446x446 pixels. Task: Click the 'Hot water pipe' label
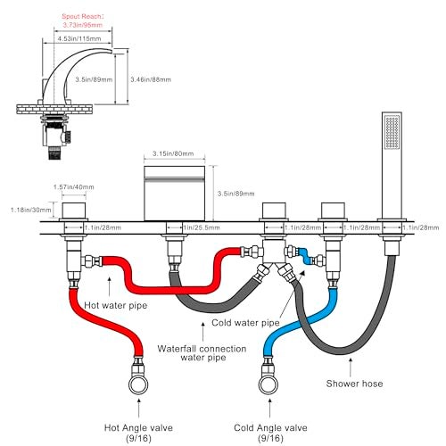pyautogui.click(x=116, y=305)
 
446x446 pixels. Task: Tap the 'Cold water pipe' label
pyautogui.click(x=245, y=323)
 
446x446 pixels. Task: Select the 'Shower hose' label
pyautogui.click(x=354, y=384)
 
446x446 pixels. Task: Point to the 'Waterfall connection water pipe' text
pyautogui.click(x=202, y=353)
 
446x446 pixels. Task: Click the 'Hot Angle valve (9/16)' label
pyautogui.click(x=138, y=433)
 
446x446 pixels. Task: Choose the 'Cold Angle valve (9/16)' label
pyautogui.click(x=270, y=433)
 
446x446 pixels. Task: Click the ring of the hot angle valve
pyautogui.click(x=138, y=394)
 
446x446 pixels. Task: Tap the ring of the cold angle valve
pyautogui.click(x=268, y=394)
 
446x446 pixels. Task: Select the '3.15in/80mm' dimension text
pyautogui.click(x=173, y=153)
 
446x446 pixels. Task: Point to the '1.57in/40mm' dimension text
pyautogui.click(x=73, y=187)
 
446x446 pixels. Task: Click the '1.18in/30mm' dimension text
pyautogui.click(x=31, y=210)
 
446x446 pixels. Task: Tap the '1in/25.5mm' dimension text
pyautogui.click(x=202, y=227)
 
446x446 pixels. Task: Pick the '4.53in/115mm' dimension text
pyautogui.click(x=79, y=38)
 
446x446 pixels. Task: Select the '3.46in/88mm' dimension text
pyautogui.click(x=151, y=79)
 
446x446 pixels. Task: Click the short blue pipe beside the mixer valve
pyautogui.click(x=305, y=256)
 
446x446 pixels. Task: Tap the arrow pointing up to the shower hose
pyautogui.click(x=351, y=368)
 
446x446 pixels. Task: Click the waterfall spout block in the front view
pyautogui.click(x=174, y=194)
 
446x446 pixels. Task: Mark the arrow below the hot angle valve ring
pyautogui.click(x=138, y=408)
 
